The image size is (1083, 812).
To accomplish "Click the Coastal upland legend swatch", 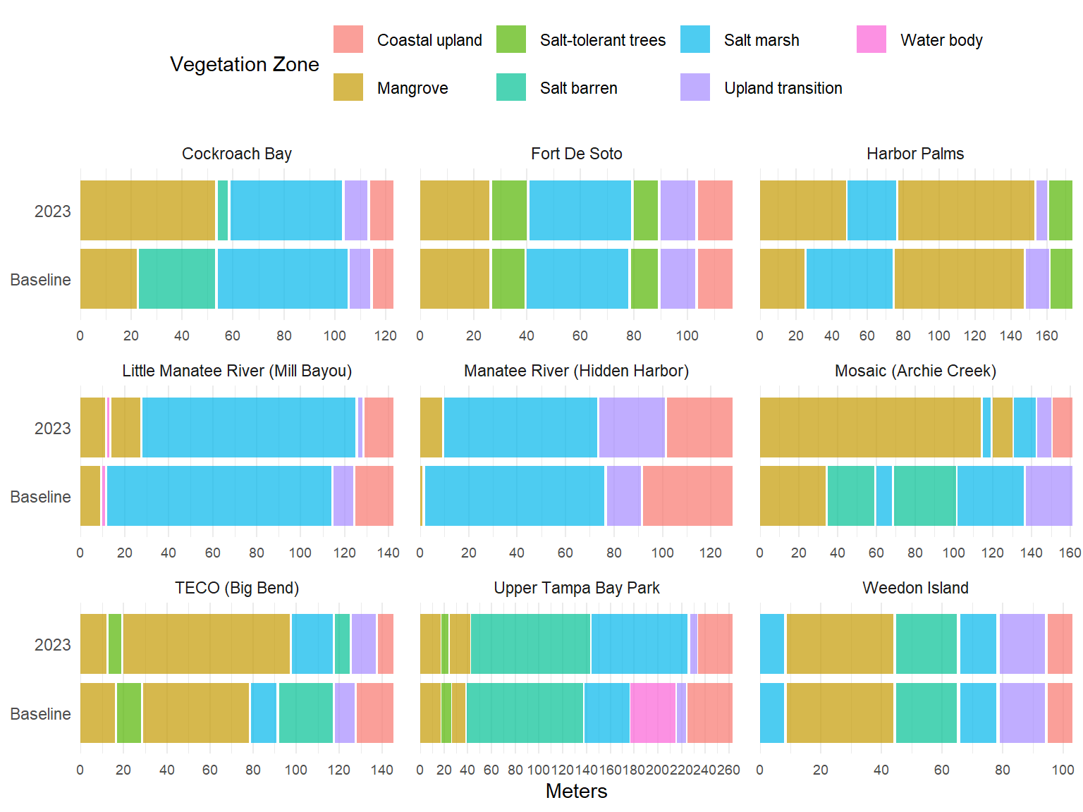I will point(348,39).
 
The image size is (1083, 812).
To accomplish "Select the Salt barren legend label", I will point(578,88).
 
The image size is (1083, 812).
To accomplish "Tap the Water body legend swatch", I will point(871,39).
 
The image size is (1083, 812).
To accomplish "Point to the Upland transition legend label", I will point(783,88).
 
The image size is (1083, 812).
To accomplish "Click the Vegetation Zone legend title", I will point(244,64).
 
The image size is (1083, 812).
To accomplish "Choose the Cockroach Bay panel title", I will point(237,154).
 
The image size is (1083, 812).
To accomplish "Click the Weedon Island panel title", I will point(915,588).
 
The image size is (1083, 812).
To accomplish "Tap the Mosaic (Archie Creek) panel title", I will point(915,371).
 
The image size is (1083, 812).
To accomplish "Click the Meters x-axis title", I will point(576,791).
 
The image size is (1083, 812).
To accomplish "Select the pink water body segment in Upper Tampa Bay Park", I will point(653,713).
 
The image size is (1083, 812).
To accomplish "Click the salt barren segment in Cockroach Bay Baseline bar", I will point(177,278).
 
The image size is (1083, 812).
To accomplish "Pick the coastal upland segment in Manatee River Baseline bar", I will point(687,496).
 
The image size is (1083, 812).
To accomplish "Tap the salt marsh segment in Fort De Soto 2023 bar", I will point(580,210).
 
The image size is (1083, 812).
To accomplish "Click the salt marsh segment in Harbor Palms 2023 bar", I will point(871,210).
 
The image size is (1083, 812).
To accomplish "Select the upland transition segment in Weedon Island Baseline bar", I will point(1022,713).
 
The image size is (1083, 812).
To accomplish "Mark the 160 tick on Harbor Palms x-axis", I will point(1047,336).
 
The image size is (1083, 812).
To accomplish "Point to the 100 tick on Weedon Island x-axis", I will point(1063,770).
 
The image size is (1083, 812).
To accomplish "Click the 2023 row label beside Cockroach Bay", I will point(53,211).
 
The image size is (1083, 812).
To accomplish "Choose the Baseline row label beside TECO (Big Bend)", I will point(40,714).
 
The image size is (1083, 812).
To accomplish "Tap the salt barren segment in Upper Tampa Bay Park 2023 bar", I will point(530,644).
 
